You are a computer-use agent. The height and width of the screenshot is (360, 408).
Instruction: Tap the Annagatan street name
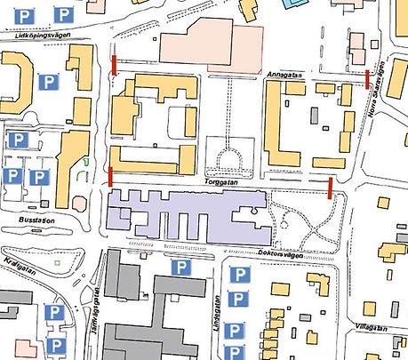pos(284,77)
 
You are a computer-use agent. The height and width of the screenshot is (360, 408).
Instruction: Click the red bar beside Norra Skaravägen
pos(367,77)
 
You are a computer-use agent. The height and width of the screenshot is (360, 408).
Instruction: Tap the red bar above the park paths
pos(331,188)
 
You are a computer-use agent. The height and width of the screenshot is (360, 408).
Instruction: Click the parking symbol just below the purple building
pos(181,267)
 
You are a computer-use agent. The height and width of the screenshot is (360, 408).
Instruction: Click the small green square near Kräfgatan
pos(57,262)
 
